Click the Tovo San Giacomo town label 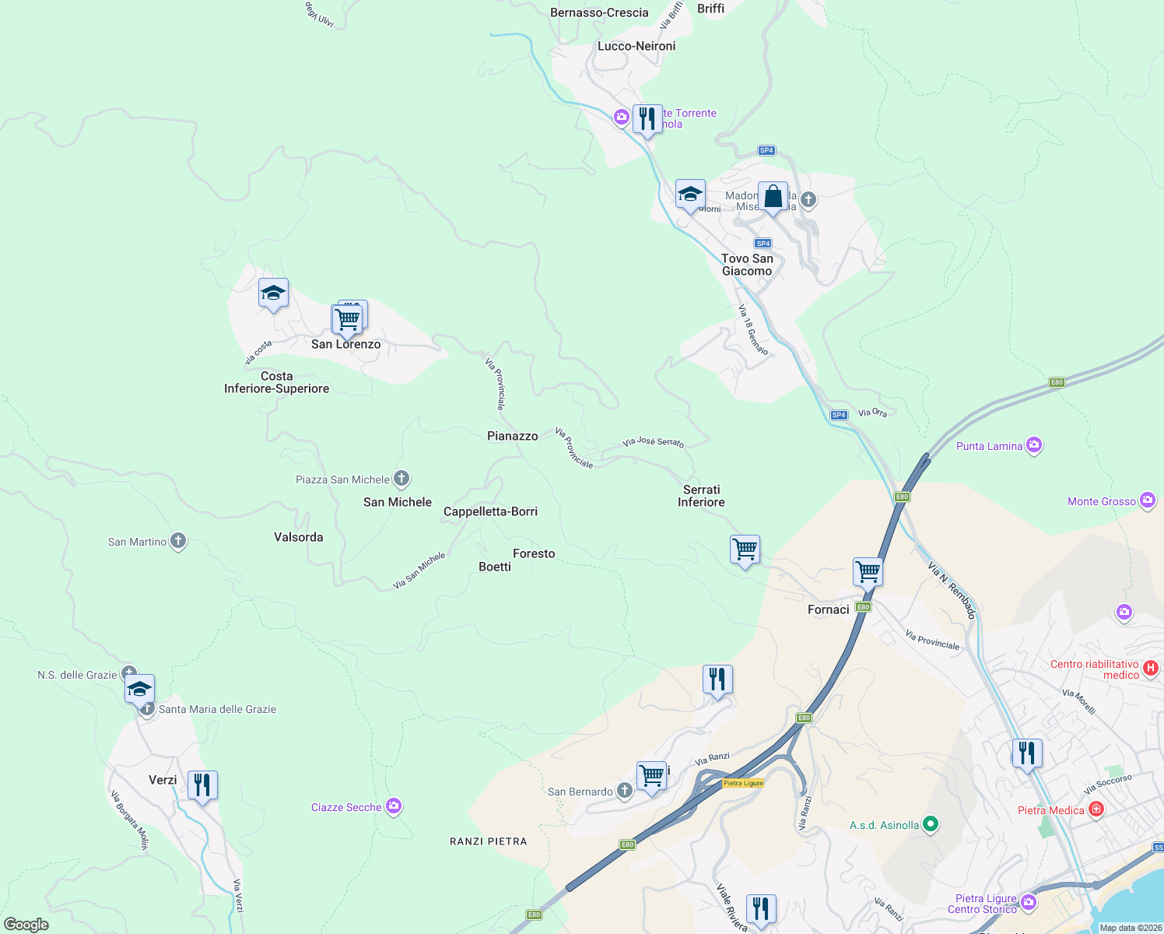[x=747, y=265]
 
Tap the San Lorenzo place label [x=346, y=344]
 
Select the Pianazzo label [x=513, y=436]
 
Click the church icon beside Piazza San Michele [x=401, y=479]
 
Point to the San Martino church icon [x=178, y=541]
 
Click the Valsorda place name [x=299, y=537]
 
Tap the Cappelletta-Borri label [x=490, y=511]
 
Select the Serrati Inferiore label [x=701, y=496]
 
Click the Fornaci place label [x=829, y=609]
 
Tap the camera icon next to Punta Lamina [x=1034, y=445]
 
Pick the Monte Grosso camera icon [x=1148, y=500]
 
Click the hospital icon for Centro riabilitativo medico [x=1151, y=668]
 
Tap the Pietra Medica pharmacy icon [x=1096, y=809]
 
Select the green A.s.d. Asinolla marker [x=931, y=824]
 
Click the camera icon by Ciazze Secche [x=394, y=806]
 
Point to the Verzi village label [x=163, y=780]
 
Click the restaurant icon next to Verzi [x=202, y=785]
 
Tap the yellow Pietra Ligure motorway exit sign [x=743, y=783]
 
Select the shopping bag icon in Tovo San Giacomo [x=773, y=197]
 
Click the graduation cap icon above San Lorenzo [x=273, y=293]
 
